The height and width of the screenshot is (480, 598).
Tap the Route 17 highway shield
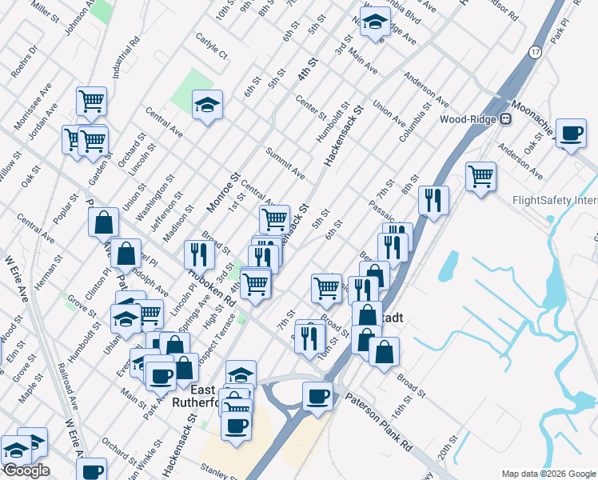tap(535, 51)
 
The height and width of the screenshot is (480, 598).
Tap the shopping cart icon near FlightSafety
tap(480, 176)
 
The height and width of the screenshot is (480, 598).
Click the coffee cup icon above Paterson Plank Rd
tap(317, 396)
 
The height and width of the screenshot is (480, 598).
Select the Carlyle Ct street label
tap(211, 47)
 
